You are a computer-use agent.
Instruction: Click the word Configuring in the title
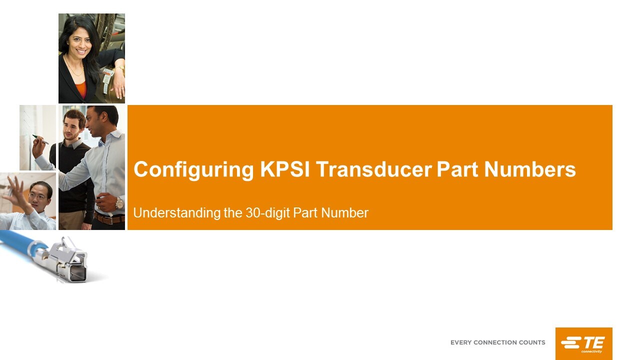tap(193, 170)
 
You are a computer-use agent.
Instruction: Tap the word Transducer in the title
tap(373, 169)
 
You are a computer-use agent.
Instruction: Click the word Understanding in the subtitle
tap(176, 213)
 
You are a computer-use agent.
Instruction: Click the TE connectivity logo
tap(583, 343)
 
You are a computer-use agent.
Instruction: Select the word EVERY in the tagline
tap(460, 342)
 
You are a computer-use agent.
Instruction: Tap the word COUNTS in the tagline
tap(532, 342)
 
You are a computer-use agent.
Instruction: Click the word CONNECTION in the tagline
tap(495, 342)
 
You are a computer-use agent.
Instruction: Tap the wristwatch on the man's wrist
tap(119, 202)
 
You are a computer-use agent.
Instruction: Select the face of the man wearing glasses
tap(37, 195)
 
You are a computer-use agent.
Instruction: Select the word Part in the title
tap(457, 169)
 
